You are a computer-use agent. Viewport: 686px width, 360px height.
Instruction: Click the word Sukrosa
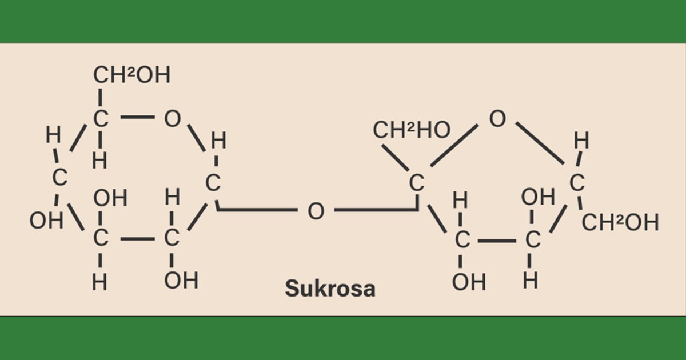(330, 289)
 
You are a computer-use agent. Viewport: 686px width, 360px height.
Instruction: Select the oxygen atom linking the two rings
(316, 211)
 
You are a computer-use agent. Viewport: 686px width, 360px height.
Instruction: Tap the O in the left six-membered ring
(173, 118)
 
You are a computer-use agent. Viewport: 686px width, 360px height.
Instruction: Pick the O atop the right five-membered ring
(497, 118)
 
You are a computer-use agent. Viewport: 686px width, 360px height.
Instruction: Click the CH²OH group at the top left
(131, 75)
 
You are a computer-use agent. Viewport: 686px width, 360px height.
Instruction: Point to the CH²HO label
(412, 130)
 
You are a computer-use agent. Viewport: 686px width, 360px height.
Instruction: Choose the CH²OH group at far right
(620, 222)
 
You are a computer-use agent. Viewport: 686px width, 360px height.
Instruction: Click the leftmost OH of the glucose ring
(46, 221)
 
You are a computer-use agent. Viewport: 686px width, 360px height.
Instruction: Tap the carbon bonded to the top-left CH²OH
(101, 118)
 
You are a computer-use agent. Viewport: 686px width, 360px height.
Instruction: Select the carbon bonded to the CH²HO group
(417, 183)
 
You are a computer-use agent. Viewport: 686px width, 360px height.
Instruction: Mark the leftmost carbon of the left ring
(59, 177)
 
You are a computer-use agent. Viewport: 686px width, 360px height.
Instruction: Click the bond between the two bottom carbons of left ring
(138, 239)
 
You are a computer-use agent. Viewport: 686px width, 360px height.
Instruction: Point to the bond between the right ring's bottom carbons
(497, 241)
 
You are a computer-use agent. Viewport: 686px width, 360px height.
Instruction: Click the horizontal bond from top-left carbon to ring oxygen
(138, 117)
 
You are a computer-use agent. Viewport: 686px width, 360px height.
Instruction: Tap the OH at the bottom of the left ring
(181, 281)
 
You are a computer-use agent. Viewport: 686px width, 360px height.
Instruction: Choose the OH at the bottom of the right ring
(469, 282)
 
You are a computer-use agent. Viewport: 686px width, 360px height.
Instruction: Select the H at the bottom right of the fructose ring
(530, 281)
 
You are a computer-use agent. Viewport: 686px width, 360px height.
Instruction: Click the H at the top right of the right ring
(581, 141)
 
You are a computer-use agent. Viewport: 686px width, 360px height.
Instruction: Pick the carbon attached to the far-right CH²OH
(577, 183)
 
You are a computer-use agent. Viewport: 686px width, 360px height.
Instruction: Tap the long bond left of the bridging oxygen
(257, 210)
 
